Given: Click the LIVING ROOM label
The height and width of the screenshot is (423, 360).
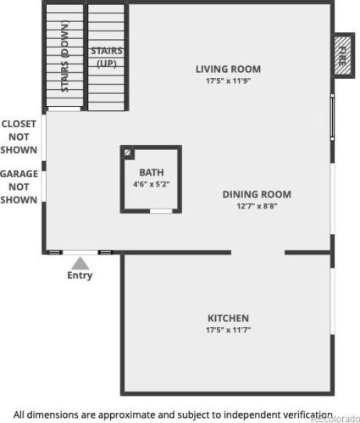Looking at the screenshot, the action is pyautogui.click(x=228, y=70).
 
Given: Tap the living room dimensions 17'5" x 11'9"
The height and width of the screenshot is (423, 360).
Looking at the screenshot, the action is pyautogui.click(x=228, y=81).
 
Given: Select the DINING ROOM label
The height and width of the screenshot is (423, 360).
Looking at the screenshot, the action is pyautogui.click(x=257, y=194).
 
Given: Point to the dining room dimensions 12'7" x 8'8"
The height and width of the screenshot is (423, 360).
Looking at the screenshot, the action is pyautogui.click(x=257, y=206).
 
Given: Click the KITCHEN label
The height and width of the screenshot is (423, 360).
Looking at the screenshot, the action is pyautogui.click(x=228, y=318).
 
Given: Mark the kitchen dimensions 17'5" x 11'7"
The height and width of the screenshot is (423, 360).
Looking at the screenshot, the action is pyautogui.click(x=228, y=330).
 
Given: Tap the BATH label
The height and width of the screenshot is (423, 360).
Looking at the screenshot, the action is pyautogui.click(x=152, y=172).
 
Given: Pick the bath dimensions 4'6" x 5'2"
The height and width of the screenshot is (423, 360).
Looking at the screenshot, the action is pyautogui.click(x=152, y=184).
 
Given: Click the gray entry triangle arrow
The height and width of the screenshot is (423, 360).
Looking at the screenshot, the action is pyautogui.click(x=80, y=264).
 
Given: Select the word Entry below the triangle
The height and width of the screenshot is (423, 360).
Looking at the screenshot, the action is pyautogui.click(x=80, y=276).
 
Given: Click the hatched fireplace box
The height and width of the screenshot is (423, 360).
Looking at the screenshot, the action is pyautogui.click(x=344, y=55).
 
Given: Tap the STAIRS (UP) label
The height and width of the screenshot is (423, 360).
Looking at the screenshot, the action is pyautogui.click(x=107, y=58).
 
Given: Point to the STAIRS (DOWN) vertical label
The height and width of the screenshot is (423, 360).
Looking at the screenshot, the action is pyautogui.click(x=64, y=56).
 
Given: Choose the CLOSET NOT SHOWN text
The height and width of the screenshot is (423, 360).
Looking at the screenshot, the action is pyautogui.click(x=19, y=136).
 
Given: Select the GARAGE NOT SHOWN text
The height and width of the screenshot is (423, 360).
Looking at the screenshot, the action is pyautogui.click(x=19, y=186).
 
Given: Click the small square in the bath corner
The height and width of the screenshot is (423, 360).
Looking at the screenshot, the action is pyautogui.click(x=128, y=153).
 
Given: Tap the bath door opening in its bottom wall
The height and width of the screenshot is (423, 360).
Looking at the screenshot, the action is pyautogui.click(x=161, y=211).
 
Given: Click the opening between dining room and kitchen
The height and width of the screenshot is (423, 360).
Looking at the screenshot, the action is pyautogui.click(x=258, y=253).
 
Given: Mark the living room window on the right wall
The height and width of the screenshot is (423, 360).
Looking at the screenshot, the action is pyautogui.click(x=332, y=117).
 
